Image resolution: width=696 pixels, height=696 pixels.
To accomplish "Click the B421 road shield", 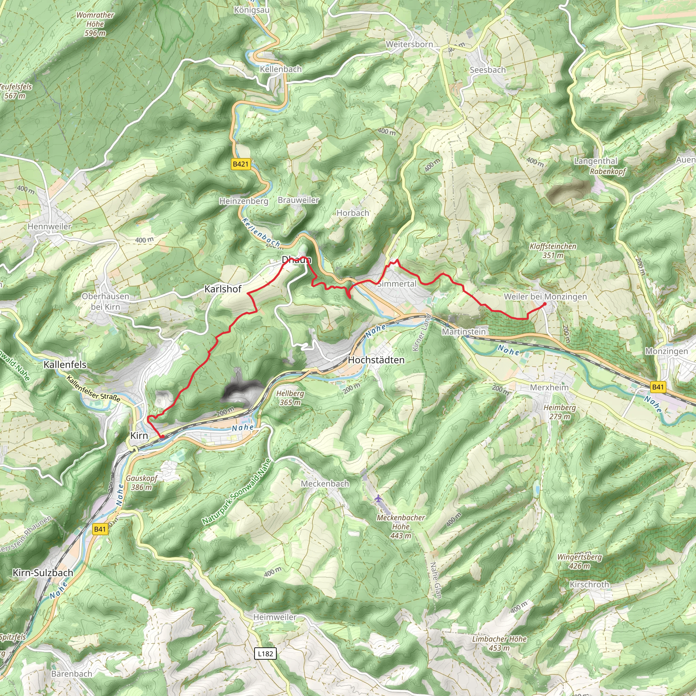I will click(x=241, y=164).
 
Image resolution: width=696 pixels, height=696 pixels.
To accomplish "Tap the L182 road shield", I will click(x=265, y=654).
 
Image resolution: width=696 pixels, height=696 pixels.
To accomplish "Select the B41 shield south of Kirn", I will click(x=100, y=529).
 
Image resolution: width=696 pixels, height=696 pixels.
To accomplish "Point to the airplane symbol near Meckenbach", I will click(x=378, y=499).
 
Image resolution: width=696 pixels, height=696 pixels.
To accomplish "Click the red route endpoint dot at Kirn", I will click(x=162, y=437).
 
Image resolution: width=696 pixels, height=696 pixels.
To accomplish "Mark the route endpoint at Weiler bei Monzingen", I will click(x=544, y=304).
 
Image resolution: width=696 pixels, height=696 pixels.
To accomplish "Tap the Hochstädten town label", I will click(x=376, y=360).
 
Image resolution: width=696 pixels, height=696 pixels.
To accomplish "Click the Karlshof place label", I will click(x=223, y=289).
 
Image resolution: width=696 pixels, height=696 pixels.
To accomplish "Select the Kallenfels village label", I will click(x=65, y=365).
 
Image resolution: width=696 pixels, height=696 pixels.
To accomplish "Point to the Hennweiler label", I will click(x=49, y=227).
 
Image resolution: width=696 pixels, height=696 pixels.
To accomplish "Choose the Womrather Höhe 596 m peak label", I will click(x=95, y=24).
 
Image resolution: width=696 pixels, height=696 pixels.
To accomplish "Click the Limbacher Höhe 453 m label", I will click(x=499, y=643).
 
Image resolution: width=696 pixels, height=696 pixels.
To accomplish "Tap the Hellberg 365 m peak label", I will click(x=290, y=398).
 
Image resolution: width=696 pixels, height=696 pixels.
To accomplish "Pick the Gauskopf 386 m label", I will click(x=142, y=483).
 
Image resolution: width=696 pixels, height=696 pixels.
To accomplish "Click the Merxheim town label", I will click(x=549, y=388).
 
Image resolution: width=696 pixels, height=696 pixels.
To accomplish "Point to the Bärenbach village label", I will click(x=72, y=674).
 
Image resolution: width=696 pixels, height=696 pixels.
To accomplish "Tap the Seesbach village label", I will click(x=487, y=70).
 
